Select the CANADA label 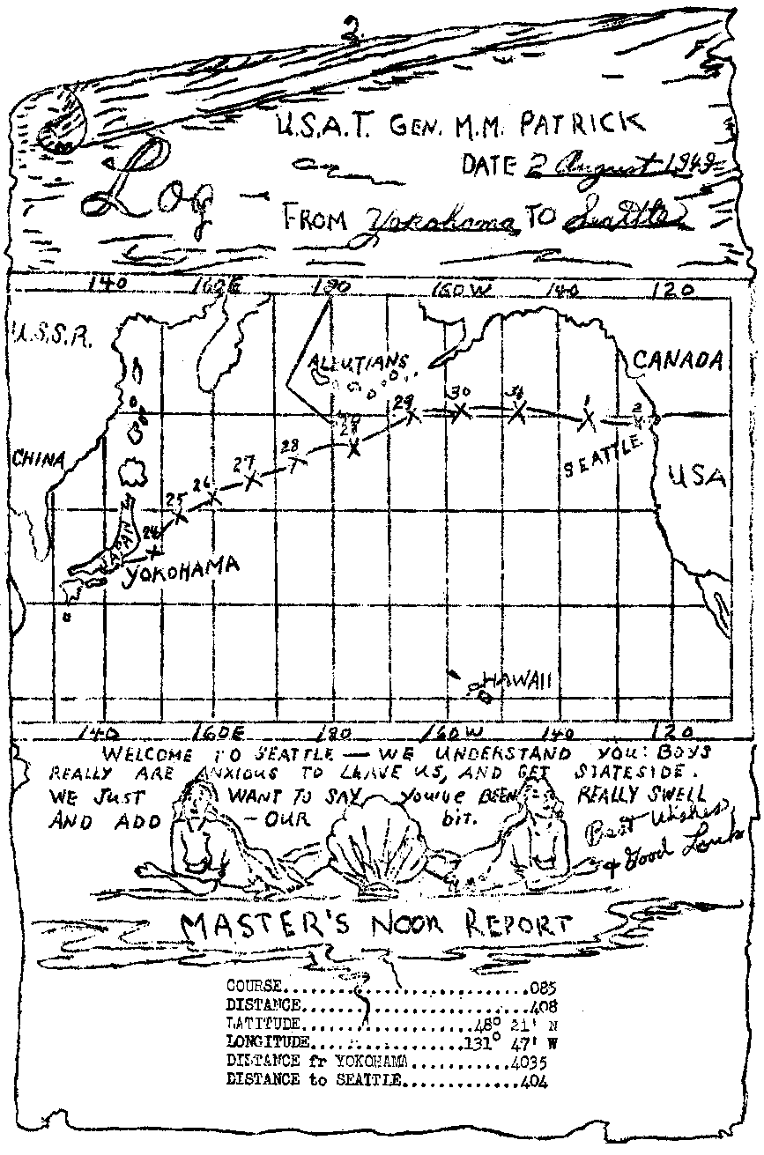point(679,359)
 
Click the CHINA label point(39,459)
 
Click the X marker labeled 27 point(254,480)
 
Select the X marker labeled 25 point(182,516)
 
